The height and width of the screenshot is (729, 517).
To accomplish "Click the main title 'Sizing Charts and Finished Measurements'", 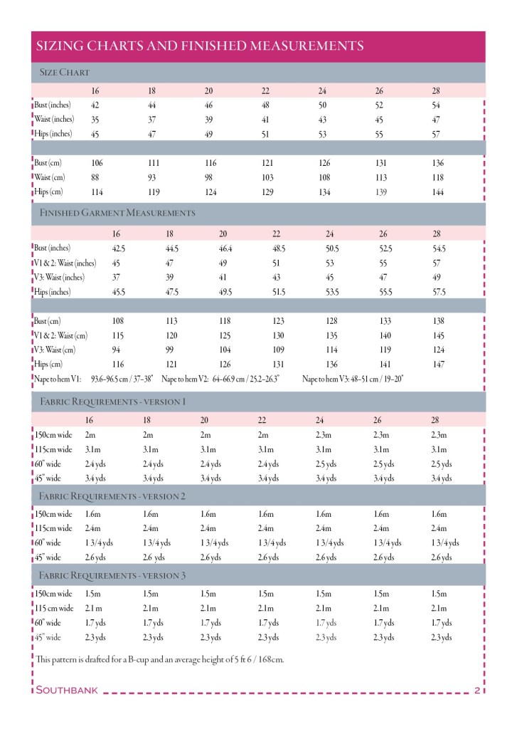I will [x=200, y=46].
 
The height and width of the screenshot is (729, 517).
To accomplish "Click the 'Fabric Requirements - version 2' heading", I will [x=112, y=496].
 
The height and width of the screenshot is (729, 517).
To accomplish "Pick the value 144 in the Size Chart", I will [x=438, y=192].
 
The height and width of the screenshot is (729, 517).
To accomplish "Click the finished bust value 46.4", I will [x=226, y=248].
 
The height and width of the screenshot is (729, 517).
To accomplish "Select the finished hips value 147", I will [x=438, y=364].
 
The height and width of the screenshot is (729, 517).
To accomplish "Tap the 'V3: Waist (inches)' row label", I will [x=59, y=278].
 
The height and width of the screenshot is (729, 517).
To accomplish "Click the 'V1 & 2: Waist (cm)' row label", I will [x=61, y=335].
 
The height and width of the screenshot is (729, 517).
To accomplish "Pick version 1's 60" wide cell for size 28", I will [x=444, y=464].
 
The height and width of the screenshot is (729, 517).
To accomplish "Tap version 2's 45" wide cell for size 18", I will [x=154, y=557].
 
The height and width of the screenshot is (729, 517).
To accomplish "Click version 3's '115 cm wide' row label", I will [x=54, y=608].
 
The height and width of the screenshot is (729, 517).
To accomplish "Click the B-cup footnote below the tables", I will [x=159, y=659].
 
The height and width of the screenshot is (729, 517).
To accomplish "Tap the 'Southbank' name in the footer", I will [x=67, y=690].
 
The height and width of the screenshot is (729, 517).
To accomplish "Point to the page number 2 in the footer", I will [x=476, y=690].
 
